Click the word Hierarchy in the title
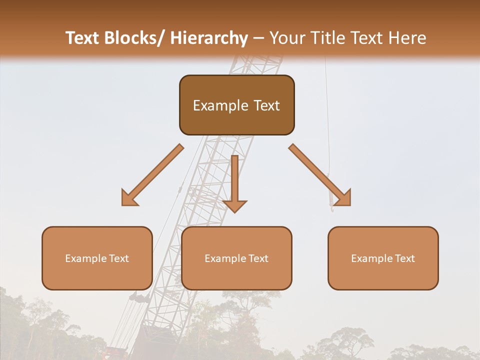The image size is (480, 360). coord(209,38)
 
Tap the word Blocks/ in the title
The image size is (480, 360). coord(134,38)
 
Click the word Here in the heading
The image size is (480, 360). coord(407,38)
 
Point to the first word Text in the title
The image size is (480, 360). coord(82,38)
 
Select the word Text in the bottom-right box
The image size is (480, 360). coord(404,258)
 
